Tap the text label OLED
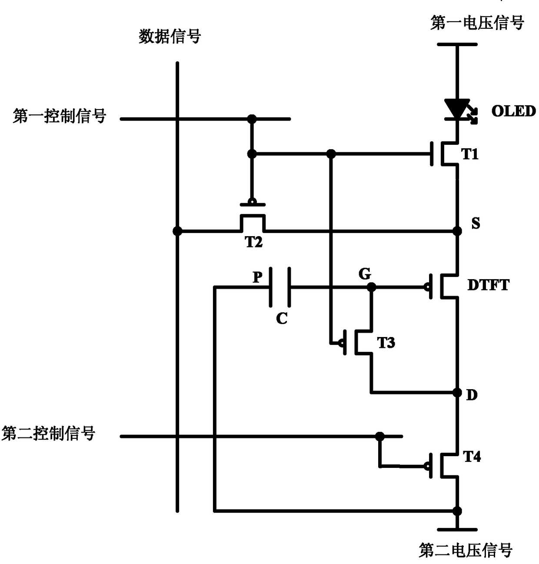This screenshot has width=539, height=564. (x=513, y=111)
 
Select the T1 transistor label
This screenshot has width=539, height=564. (x=470, y=154)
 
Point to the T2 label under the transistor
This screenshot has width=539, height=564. (x=254, y=242)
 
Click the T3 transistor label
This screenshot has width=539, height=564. (x=386, y=343)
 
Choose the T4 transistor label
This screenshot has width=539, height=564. (x=472, y=457)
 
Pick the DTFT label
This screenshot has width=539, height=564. (x=489, y=285)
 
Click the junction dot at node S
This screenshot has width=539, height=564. (x=457, y=231)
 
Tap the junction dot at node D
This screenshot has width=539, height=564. (x=457, y=393)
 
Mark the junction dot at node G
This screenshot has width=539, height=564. (x=372, y=287)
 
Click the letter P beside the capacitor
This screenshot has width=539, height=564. (x=258, y=277)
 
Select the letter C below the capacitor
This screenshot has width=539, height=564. (x=282, y=318)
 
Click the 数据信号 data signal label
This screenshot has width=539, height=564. (x=170, y=37)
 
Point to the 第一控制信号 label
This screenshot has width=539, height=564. (x=60, y=116)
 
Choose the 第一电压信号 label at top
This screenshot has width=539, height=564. (x=477, y=23)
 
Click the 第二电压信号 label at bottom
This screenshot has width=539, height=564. (x=466, y=550)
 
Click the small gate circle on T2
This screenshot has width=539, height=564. (x=253, y=201)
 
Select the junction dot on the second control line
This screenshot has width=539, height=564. (x=379, y=436)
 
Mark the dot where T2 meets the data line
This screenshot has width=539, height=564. (x=177, y=231)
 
